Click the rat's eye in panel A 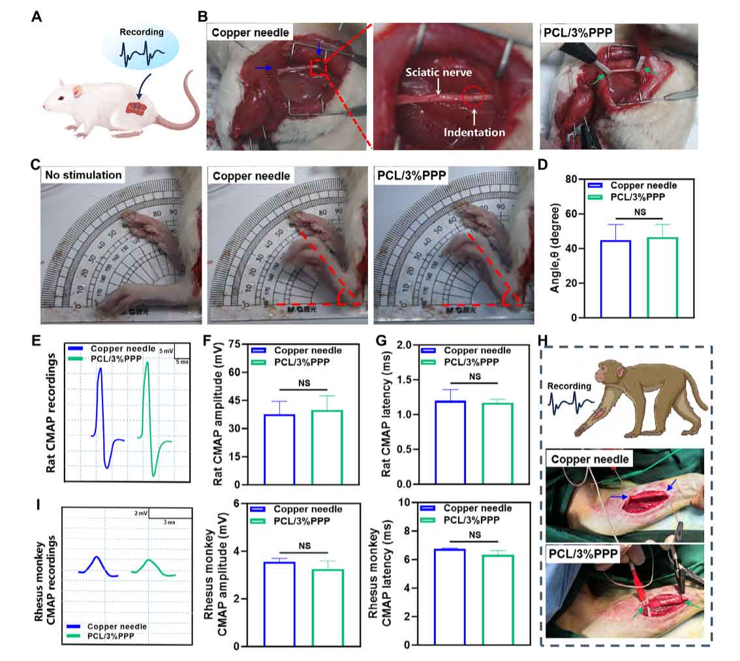coord(62,98)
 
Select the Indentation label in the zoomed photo coord(474,132)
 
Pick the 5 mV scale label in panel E coord(166,350)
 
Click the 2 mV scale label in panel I coord(139,514)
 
